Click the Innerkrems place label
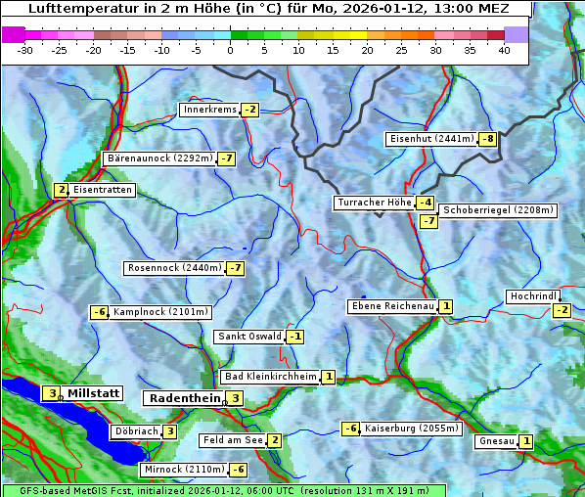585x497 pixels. [x=209, y=110]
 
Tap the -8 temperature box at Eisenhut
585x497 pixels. [x=487, y=139]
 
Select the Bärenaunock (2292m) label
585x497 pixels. [x=158, y=158]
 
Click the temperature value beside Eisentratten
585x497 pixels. [x=61, y=190]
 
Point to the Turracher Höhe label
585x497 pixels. [x=374, y=203]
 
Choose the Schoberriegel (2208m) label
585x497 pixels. [x=498, y=210]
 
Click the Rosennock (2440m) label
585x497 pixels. [x=173, y=268]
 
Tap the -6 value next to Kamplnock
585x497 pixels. [x=99, y=312]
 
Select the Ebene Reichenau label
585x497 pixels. [x=392, y=306]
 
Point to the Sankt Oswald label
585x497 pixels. [x=249, y=337]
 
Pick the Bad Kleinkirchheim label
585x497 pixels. [x=271, y=377]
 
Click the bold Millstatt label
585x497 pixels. [x=93, y=393]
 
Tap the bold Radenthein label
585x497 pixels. [x=183, y=398]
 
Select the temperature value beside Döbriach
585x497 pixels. [x=169, y=431]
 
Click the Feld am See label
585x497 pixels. [x=233, y=440]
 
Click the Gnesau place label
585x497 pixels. [x=496, y=441]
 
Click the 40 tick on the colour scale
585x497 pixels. [x=504, y=50]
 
